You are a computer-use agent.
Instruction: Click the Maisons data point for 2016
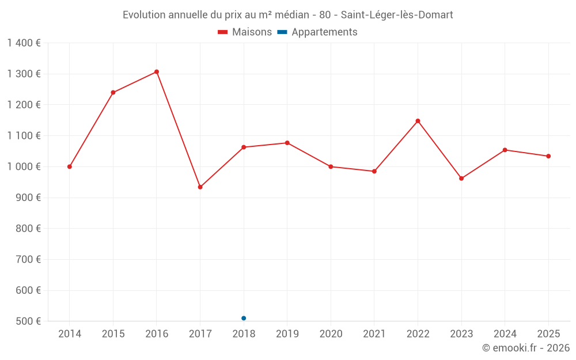(x=157, y=72)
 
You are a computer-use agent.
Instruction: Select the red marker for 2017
(x=200, y=187)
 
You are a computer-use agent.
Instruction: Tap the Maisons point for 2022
(x=418, y=121)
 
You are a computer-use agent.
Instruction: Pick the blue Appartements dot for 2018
(x=244, y=318)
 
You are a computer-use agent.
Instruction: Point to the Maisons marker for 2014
(x=70, y=167)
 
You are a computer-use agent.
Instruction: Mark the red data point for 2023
(x=461, y=179)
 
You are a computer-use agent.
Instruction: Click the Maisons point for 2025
(x=548, y=156)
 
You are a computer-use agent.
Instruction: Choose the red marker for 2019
(x=287, y=143)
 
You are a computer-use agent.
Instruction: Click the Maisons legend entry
(x=245, y=32)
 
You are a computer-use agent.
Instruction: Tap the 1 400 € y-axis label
(x=24, y=43)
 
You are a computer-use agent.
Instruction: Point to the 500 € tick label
(x=28, y=321)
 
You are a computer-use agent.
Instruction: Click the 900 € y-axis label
(x=28, y=198)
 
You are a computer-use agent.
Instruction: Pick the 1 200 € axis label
(x=24, y=105)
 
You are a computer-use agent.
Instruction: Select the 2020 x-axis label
(x=331, y=334)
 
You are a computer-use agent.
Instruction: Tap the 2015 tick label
(x=113, y=334)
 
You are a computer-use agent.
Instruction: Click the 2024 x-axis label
(x=505, y=334)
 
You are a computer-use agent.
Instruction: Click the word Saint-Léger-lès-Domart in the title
(x=397, y=15)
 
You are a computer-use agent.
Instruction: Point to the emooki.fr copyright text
(x=526, y=347)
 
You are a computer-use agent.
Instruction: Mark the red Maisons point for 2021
(x=374, y=171)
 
